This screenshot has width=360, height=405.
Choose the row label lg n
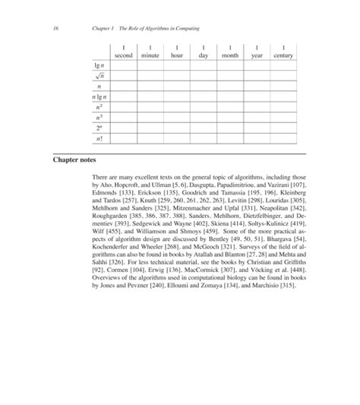[x=99, y=66]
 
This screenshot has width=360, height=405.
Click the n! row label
[x=99, y=141]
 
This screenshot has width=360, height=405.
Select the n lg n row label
[x=99, y=98]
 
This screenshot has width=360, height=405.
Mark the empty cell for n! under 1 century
[x=283, y=141]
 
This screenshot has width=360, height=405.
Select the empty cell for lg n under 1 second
[x=123, y=66]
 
